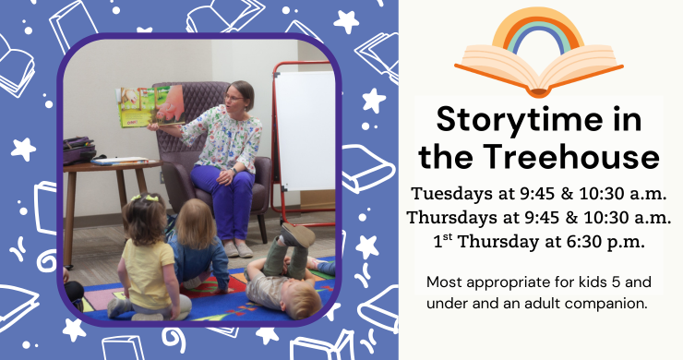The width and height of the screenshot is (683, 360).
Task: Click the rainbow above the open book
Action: tap(537, 32)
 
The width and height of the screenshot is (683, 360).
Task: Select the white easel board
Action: tap(306, 129)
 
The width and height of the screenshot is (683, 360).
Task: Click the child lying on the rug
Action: tap(282, 277)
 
